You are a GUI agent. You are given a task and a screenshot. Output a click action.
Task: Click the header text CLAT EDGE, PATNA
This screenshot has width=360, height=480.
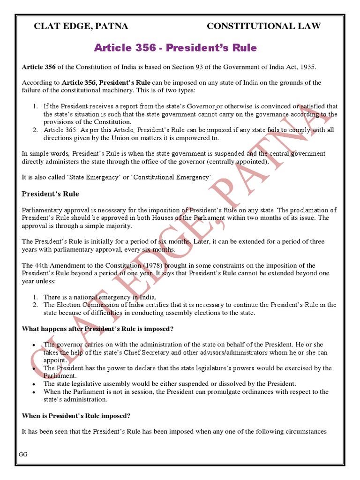pyautogui.click(x=81, y=26)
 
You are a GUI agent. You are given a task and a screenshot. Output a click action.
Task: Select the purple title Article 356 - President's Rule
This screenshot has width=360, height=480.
pyautogui.click(x=175, y=48)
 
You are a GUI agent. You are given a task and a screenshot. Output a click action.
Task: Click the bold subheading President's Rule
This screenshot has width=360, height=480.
pyautogui.click(x=51, y=194)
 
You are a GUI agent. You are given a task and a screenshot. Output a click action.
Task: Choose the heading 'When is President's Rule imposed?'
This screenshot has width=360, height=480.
pyautogui.click(x=76, y=416)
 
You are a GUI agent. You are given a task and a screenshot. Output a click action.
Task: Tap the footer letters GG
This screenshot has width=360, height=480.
pyautogui.click(x=23, y=455)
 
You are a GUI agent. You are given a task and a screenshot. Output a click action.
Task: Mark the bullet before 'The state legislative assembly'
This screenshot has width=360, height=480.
pyautogui.click(x=34, y=384)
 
